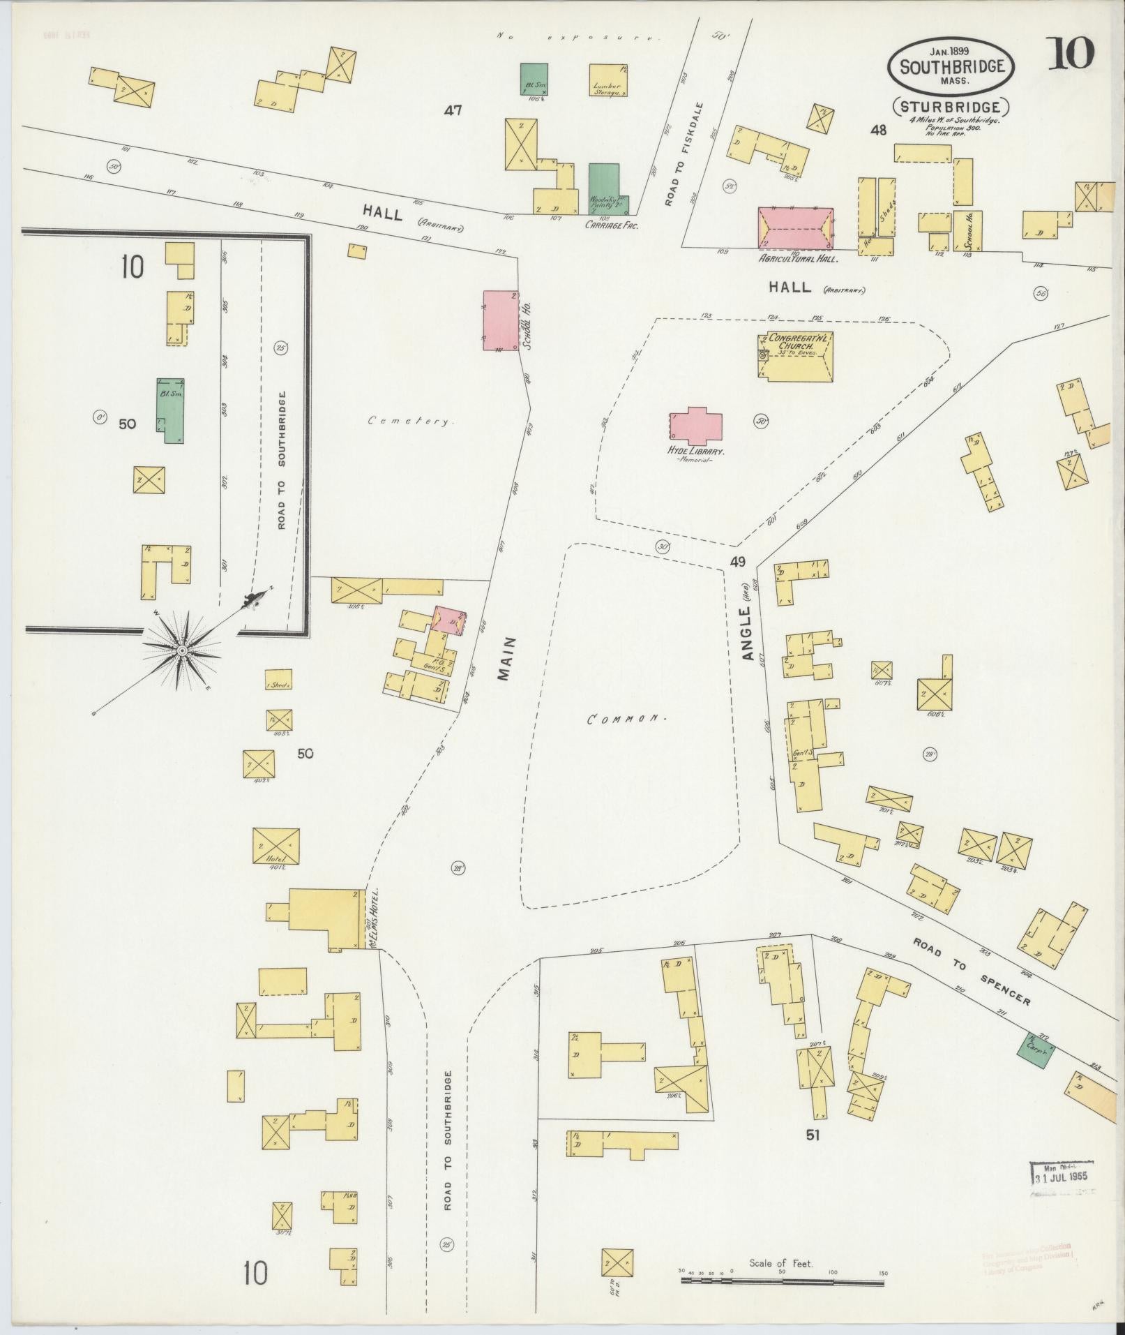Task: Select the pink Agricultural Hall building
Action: pos(796,228)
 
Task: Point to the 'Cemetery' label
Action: pos(412,422)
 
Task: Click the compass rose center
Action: pos(182,650)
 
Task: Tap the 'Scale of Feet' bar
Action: pos(782,1283)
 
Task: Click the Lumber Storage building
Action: pos(607,80)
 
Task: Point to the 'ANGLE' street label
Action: pos(749,635)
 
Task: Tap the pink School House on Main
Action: pos(501,320)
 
